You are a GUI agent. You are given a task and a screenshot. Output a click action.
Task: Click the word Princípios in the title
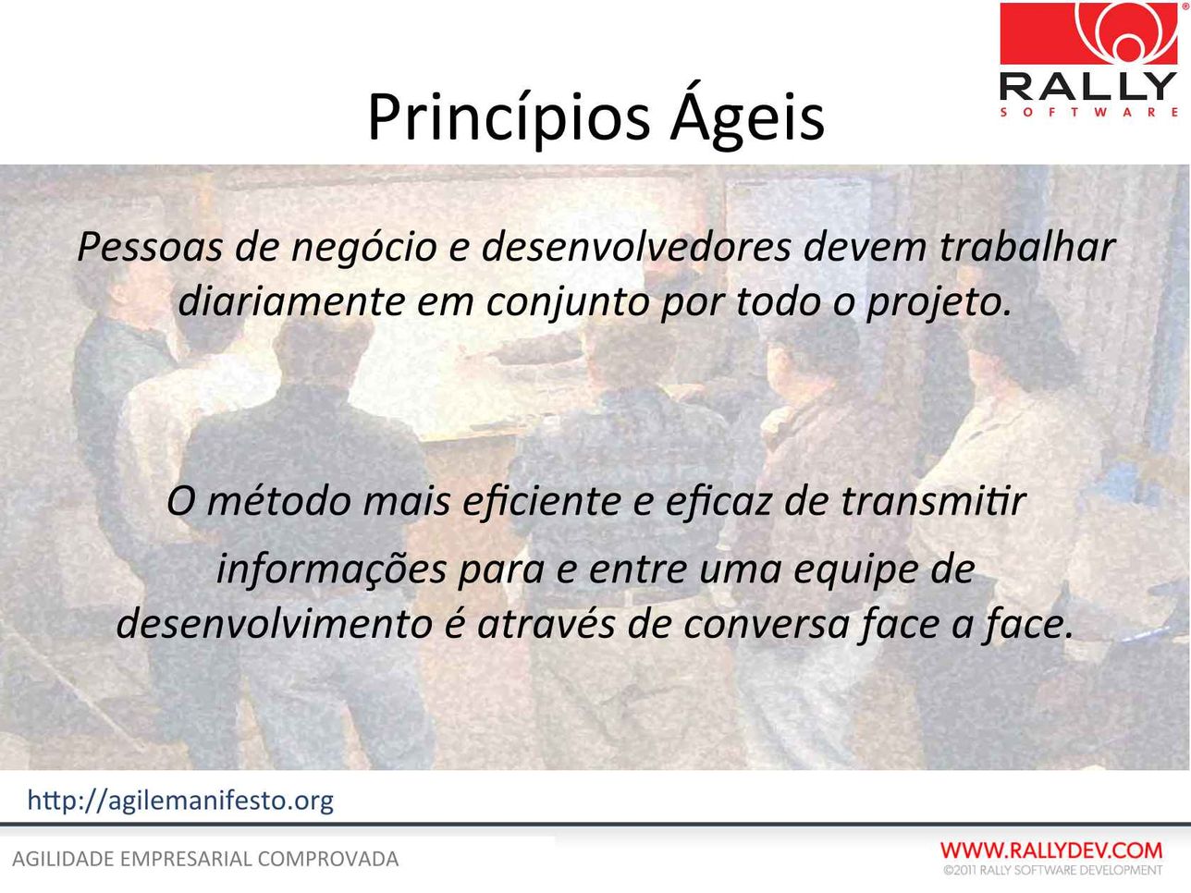(509, 117)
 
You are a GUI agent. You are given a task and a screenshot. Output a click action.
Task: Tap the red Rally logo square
(1088, 33)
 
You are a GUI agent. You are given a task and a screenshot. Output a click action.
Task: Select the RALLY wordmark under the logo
(1088, 86)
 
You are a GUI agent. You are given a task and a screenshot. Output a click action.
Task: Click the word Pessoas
(150, 247)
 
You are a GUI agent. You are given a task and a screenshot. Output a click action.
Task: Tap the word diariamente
(292, 301)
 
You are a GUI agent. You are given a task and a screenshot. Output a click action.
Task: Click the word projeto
(939, 303)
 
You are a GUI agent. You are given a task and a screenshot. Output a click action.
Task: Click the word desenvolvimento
(275, 623)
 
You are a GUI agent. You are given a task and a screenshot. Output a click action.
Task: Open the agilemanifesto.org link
(180, 801)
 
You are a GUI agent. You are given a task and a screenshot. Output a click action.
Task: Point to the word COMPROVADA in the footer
(328, 860)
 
